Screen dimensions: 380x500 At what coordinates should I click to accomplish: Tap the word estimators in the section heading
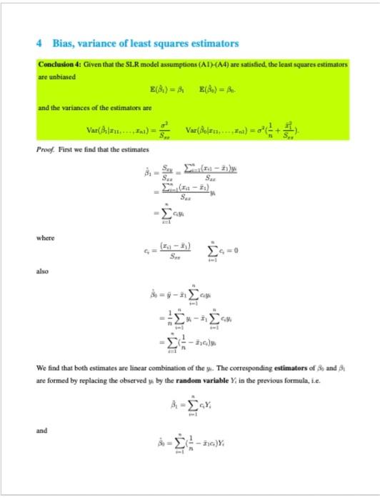[x=211, y=44]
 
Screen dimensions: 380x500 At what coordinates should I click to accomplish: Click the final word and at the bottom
[x=42, y=431]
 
